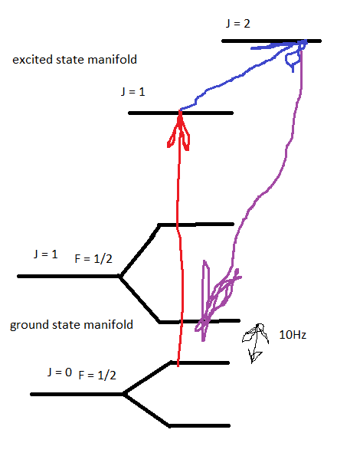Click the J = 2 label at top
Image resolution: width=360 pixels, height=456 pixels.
coord(237,24)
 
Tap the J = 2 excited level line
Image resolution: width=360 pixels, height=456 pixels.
coord(271,41)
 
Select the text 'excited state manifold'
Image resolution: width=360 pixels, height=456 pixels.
coord(74,60)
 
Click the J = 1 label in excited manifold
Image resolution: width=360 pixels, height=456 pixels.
coord(133,92)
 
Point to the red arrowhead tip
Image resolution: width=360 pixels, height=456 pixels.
coord(180,111)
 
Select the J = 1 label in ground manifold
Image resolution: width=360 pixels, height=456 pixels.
coord(46,254)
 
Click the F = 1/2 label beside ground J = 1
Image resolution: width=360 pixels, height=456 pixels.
coord(93,258)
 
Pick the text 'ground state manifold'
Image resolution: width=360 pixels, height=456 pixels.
coord(71,324)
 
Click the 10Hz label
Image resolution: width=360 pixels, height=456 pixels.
coord(293,335)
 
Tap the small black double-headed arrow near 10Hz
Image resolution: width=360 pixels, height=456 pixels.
coord(255,343)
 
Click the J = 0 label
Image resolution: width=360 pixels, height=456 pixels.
coord(60,372)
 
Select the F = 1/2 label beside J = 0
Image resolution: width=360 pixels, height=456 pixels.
coord(97,376)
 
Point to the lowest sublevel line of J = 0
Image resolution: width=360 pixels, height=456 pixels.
coord(200,426)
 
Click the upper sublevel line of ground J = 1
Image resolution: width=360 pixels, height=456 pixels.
coord(196,225)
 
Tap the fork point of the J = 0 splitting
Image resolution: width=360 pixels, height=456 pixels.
coord(124,394)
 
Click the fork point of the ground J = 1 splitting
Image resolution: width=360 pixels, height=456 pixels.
coord(119,276)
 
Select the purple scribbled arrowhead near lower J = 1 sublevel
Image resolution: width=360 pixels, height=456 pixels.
coord(217,300)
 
